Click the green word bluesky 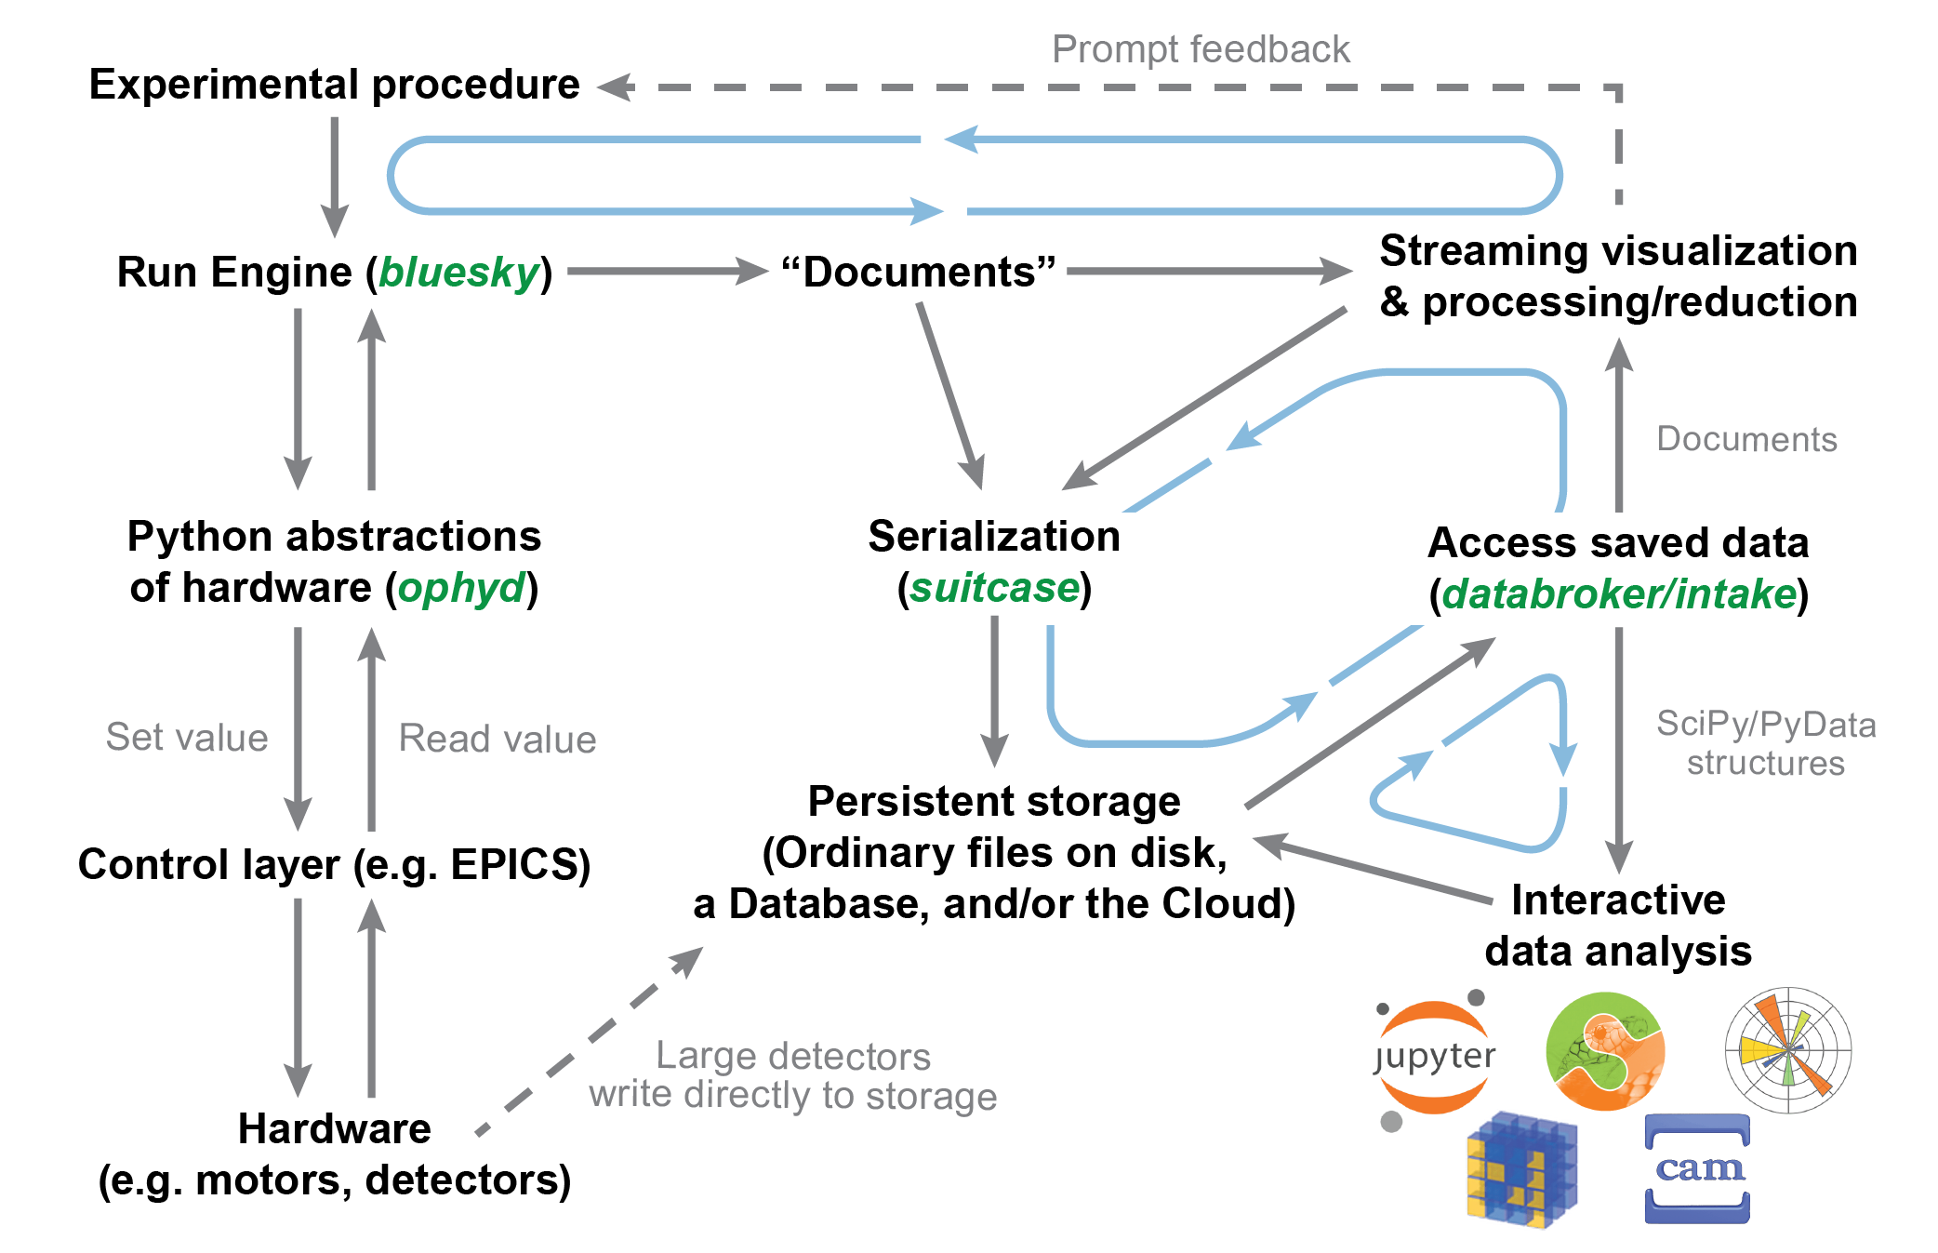(x=459, y=273)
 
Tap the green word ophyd (x=461, y=588)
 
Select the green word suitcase (x=994, y=588)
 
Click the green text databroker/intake (x=1618, y=594)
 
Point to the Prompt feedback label (x=1200, y=49)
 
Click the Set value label (x=187, y=737)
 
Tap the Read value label (x=498, y=739)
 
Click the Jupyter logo (x=1434, y=1058)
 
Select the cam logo (x=1697, y=1168)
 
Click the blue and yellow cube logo (x=1521, y=1170)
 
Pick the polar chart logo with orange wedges (x=1787, y=1050)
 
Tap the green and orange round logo (x=1605, y=1051)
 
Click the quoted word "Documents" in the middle (x=919, y=273)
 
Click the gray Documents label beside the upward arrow (x=1746, y=439)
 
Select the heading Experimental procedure (x=335, y=85)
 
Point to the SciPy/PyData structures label (x=1765, y=743)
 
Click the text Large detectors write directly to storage (x=792, y=1076)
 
